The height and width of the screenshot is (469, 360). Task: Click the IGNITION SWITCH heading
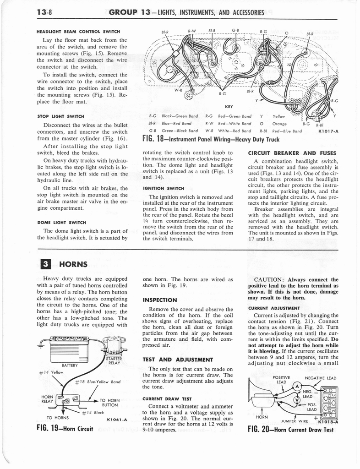163,188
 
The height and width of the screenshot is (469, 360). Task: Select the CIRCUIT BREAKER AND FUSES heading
292,153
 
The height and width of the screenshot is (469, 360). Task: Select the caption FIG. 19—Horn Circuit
65,430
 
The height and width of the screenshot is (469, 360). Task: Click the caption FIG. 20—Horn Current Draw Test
290,430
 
